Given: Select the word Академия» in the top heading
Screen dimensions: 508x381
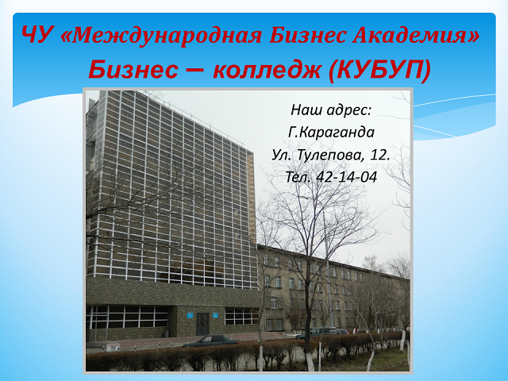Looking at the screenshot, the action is point(415,35).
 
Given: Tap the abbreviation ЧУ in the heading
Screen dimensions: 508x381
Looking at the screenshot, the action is point(37,35).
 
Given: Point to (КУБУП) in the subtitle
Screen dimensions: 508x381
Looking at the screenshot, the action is point(379,70).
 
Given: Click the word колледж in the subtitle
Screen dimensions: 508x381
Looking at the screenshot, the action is point(267,71).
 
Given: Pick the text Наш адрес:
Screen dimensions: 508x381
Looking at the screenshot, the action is point(331,110).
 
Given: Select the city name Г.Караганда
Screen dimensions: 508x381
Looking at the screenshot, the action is point(331,133).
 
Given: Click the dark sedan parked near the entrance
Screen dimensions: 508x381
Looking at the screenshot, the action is point(211,341).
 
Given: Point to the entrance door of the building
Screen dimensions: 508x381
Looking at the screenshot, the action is point(203,324).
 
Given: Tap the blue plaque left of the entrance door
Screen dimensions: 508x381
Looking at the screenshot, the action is point(190,315).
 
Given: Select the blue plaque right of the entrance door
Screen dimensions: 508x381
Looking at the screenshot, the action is point(215,314).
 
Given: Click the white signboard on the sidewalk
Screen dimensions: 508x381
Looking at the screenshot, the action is point(113,348).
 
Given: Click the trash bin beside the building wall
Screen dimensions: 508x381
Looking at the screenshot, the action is point(167,333).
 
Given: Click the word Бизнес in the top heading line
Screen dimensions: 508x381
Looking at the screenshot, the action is point(307,35).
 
